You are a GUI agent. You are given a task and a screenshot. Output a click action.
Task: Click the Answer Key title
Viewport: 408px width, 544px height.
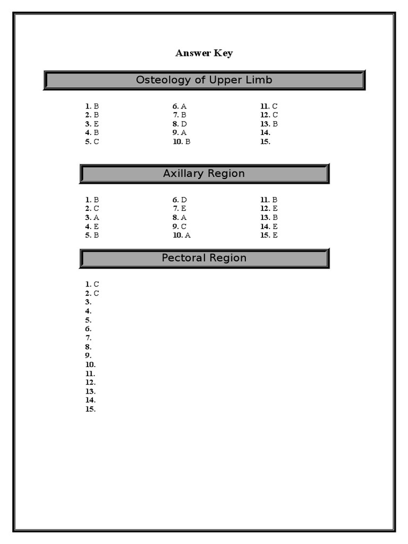click(x=204, y=53)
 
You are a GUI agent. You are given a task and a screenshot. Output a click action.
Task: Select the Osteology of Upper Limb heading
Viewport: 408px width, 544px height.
click(x=204, y=80)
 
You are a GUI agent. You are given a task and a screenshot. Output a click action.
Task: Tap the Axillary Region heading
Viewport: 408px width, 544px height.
click(x=204, y=174)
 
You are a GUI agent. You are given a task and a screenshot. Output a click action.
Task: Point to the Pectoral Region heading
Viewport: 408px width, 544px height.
click(x=204, y=258)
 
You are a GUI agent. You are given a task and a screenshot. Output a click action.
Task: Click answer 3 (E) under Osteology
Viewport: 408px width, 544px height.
click(x=92, y=124)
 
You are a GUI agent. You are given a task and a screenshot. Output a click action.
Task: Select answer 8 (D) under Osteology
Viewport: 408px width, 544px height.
click(x=180, y=124)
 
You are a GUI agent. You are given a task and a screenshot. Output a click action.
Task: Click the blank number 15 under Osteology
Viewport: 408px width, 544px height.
click(x=265, y=142)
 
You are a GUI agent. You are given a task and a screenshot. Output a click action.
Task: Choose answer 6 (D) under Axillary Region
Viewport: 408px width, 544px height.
click(x=180, y=200)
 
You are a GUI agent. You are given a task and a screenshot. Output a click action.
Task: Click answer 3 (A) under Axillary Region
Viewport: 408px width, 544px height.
click(x=92, y=217)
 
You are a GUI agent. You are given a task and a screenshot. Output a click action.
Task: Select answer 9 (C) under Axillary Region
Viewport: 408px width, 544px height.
click(x=180, y=226)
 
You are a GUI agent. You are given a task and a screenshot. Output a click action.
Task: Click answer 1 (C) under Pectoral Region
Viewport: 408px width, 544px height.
click(x=92, y=284)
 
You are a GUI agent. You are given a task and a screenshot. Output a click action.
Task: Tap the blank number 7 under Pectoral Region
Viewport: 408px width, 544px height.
click(x=88, y=338)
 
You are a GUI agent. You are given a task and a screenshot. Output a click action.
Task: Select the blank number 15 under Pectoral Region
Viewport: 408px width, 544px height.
click(x=90, y=409)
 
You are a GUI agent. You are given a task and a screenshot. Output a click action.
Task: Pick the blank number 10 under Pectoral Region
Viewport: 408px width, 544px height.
click(x=90, y=364)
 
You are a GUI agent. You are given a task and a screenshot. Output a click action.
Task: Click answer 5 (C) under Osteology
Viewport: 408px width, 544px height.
click(x=92, y=142)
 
